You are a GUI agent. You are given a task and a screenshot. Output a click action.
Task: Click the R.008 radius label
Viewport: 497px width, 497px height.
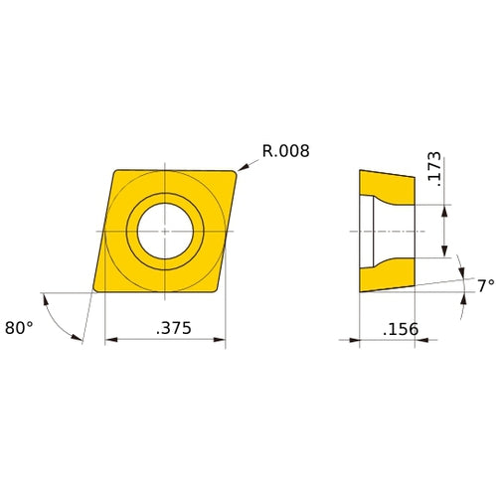pos(286,152)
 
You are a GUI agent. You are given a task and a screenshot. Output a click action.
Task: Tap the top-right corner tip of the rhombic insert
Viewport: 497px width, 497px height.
pos(236,173)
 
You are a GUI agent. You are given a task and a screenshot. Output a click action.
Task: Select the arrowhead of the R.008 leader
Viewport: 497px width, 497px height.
pos(241,170)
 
